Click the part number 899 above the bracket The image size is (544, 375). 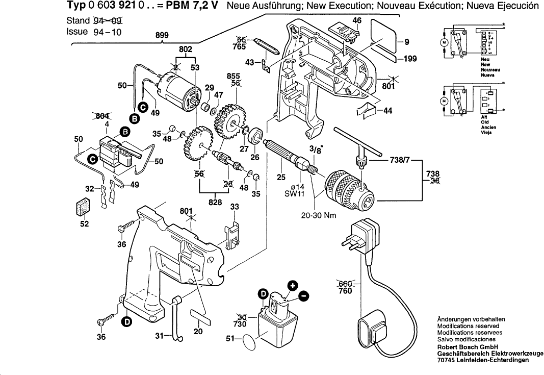(x=163, y=36)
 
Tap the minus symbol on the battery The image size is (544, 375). (x=303, y=295)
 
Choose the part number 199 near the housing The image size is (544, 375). (x=409, y=59)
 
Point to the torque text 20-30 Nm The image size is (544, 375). (x=319, y=215)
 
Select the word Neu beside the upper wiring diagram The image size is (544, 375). (x=485, y=59)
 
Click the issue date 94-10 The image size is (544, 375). (x=109, y=31)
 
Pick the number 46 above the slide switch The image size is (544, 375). (x=357, y=20)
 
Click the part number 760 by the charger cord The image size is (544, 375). (x=345, y=291)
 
